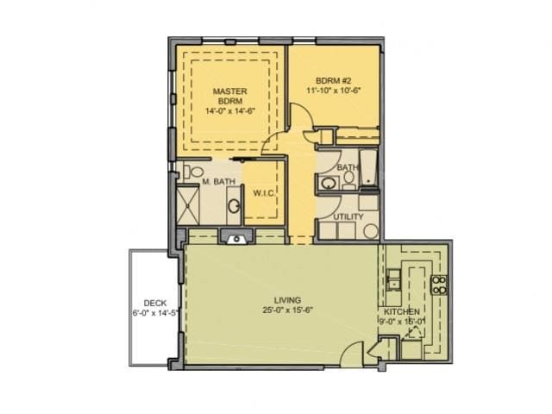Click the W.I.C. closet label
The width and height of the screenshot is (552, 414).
point(264,193)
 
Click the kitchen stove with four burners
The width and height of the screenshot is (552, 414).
point(438,285)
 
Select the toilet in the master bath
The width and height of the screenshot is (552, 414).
point(192,171)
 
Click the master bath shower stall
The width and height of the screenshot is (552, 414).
point(188,207)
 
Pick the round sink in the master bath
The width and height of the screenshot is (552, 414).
point(233,207)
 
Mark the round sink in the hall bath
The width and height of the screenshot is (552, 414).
point(329,183)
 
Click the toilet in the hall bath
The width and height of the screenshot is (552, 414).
point(348,179)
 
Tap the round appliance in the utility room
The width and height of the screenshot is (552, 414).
point(370,230)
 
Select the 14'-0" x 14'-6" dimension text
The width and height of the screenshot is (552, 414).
point(229,111)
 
